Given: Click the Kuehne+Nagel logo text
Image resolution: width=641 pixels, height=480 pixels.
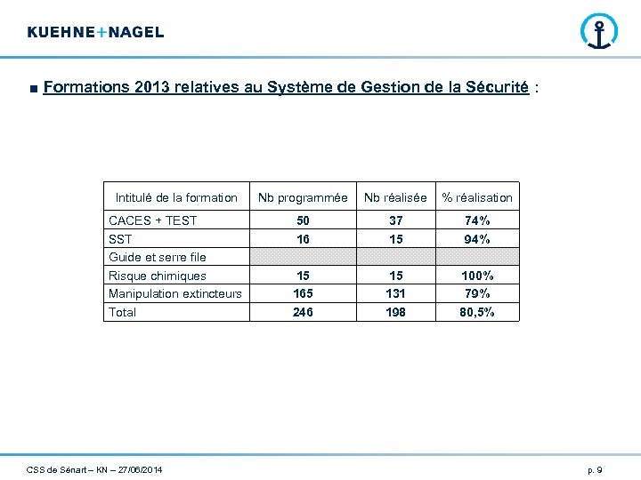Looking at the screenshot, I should [95, 32].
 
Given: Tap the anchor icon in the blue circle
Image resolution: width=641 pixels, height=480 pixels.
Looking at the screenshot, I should [598, 32].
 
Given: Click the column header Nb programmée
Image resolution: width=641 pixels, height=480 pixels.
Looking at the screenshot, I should [303, 197].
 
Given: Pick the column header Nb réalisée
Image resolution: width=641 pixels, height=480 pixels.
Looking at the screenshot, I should [395, 197].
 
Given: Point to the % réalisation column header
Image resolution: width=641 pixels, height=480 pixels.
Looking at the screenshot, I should [477, 197].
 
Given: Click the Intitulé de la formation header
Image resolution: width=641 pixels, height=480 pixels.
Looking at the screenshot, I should [176, 197].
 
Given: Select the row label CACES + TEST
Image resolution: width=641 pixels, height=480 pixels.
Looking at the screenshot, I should [152, 220].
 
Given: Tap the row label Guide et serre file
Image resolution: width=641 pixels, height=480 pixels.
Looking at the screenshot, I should [157, 257].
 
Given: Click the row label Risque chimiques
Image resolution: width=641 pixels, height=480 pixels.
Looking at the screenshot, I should [157, 276].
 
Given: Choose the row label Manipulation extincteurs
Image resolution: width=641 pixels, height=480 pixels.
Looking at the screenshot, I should [174, 293].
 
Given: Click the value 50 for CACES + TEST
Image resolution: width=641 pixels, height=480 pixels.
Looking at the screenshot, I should [303, 220].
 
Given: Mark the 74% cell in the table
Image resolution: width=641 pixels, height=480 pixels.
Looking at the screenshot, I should [477, 220].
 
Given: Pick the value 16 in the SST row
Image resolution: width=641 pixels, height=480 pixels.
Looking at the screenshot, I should [303, 239].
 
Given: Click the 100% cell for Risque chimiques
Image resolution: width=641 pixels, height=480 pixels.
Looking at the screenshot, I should [477, 276].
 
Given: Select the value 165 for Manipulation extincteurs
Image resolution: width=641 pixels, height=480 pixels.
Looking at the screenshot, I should [303, 293].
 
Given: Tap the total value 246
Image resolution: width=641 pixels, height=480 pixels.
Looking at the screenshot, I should [303, 312].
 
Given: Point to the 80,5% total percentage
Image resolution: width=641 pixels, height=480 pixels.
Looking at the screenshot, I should [477, 312].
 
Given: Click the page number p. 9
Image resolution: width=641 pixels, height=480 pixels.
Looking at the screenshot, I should [595, 469].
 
